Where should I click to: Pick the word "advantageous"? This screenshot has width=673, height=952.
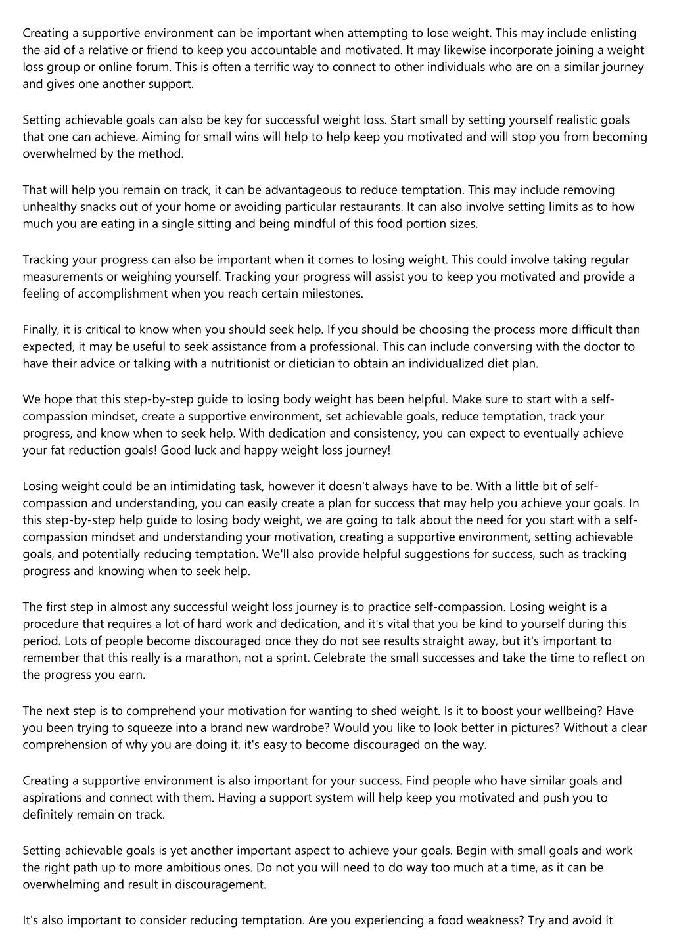tap(298, 190)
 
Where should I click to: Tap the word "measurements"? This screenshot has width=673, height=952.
tap(61, 277)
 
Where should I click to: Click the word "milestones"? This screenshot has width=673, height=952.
tap(331, 294)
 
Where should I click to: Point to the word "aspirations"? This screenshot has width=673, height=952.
tap(53, 798)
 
